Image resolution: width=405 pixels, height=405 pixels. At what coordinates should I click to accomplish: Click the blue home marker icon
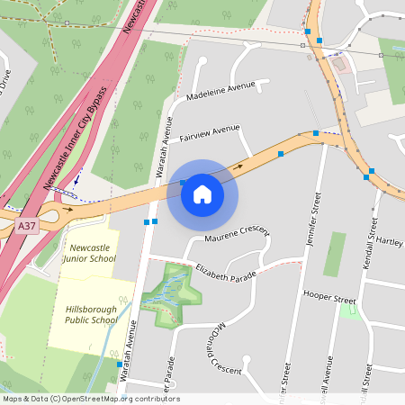(x=202, y=193)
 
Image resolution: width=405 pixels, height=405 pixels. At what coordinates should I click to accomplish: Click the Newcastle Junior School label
(x=89, y=252)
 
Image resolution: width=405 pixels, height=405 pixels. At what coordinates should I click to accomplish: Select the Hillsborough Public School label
(x=91, y=314)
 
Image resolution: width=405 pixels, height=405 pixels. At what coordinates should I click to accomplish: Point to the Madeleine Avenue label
(x=220, y=91)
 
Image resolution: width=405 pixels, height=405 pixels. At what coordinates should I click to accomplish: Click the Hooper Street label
(x=329, y=296)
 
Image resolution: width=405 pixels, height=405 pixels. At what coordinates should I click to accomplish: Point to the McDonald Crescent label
(x=218, y=351)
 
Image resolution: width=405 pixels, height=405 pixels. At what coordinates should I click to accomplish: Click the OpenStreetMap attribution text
(x=91, y=399)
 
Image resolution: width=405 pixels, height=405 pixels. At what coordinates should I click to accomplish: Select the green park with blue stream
(x=172, y=292)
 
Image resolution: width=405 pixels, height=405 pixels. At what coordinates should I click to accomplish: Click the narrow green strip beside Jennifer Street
(x=335, y=255)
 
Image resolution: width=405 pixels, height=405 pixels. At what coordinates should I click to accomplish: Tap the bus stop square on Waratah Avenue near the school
(x=119, y=364)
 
